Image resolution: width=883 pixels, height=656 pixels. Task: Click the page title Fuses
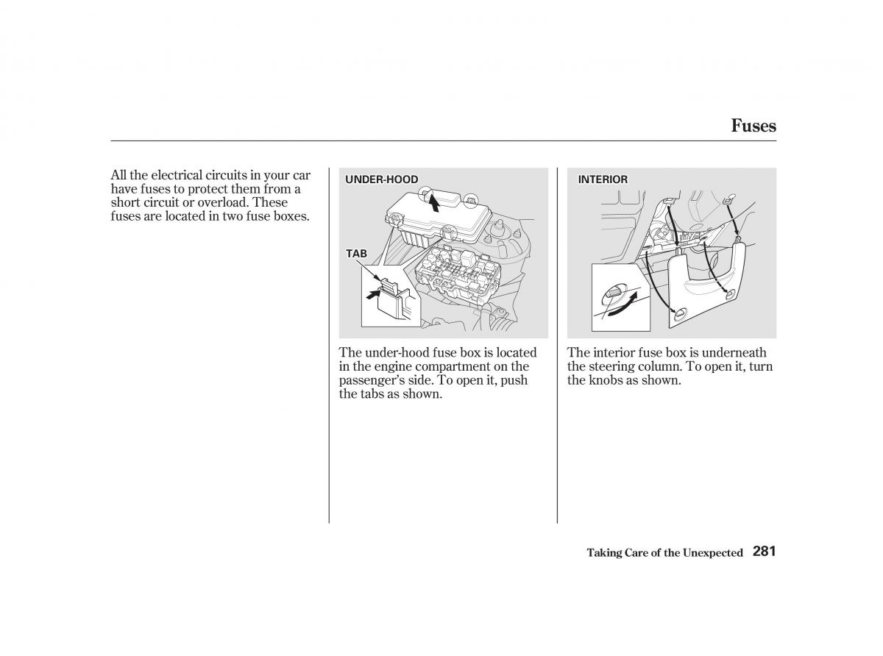point(753,126)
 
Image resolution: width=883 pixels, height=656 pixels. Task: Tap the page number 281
point(765,552)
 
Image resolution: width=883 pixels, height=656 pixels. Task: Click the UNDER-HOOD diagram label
point(382,179)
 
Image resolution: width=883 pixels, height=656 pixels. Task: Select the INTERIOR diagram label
point(603,179)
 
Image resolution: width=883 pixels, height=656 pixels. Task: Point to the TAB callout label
point(356,254)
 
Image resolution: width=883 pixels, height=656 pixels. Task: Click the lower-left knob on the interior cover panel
point(678,315)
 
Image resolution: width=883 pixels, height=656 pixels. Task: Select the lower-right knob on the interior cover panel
point(731,294)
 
